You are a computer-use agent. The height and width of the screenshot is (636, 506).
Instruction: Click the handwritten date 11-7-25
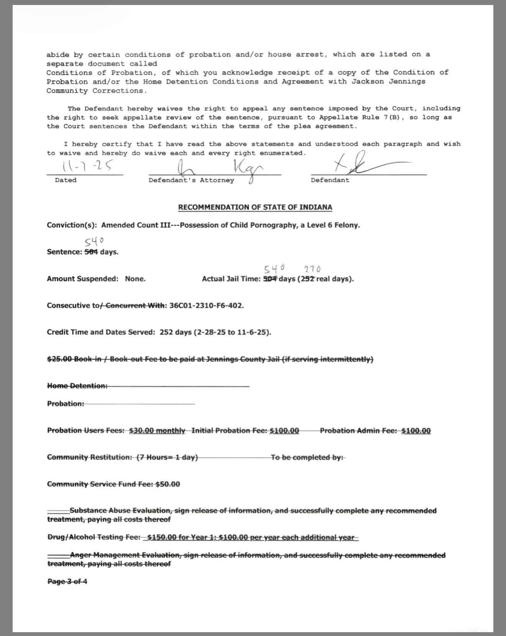pyautogui.click(x=87, y=166)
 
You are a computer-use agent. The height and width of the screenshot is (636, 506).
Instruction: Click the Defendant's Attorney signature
pyautogui.click(x=215, y=169)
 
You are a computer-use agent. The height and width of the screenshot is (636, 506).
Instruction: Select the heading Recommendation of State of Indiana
pyautogui.click(x=255, y=208)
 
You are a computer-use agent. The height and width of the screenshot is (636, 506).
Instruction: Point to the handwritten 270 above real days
pyautogui.click(x=312, y=269)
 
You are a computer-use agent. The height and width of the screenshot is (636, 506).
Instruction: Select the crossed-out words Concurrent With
pyautogui.click(x=135, y=306)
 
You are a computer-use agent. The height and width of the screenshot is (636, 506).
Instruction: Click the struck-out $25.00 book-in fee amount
pyautogui.click(x=59, y=359)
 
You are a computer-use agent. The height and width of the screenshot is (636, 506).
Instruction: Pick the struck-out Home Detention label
pyautogui.click(x=77, y=386)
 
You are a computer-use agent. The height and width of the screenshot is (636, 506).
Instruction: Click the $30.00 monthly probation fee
pyautogui.click(x=157, y=431)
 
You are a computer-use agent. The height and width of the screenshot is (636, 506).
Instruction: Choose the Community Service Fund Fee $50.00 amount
pyautogui.click(x=168, y=484)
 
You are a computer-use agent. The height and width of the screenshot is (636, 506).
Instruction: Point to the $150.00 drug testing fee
pyautogui.click(x=161, y=537)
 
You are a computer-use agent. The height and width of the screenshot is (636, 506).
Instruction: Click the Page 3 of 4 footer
pyautogui.click(x=67, y=582)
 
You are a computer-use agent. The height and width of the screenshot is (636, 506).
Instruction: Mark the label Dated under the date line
pyautogui.click(x=66, y=180)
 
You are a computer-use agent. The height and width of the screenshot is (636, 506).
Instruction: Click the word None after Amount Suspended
pyautogui.click(x=135, y=279)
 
